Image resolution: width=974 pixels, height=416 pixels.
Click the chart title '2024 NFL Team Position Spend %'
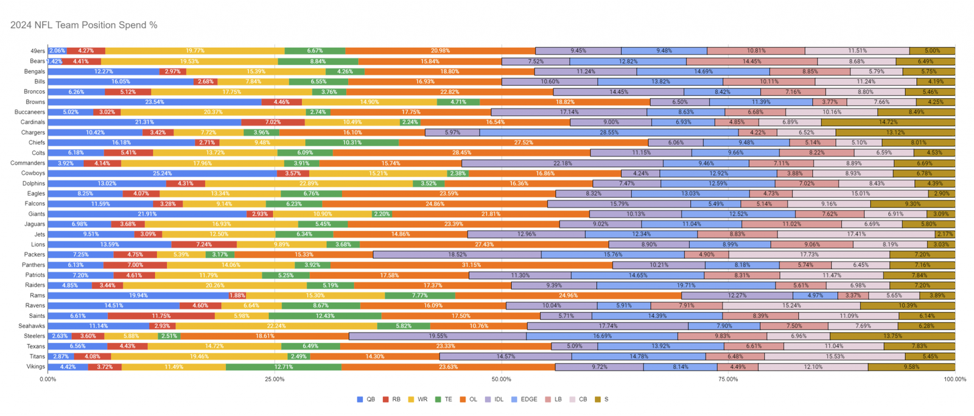coord(84,25)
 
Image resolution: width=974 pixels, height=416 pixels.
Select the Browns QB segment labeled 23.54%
coord(155,102)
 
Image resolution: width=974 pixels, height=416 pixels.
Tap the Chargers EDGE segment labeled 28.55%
coord(609,132)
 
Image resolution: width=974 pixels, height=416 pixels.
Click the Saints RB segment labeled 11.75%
coord(161,316)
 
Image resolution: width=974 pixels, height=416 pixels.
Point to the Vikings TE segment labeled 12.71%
coord(284,367)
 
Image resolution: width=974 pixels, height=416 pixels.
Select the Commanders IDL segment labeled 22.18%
coord(562,163)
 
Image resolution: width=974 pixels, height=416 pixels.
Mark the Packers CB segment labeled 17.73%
coord(809,255)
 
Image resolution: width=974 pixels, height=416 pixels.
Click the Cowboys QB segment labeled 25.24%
coord(162,173)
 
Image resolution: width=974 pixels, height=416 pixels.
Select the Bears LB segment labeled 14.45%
coord(752,61)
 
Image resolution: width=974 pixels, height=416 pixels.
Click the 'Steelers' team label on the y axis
coord(34,336)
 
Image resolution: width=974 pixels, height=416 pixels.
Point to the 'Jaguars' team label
coord(35,224)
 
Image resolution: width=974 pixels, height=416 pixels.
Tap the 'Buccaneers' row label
coord(29,112)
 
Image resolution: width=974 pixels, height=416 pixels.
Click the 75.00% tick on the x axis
coord(728,379)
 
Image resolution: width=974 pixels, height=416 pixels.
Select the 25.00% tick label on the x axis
coord(275,379)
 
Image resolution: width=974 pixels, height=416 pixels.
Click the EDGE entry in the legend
coord(525,400)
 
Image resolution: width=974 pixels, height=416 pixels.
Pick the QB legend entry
coord(366,400)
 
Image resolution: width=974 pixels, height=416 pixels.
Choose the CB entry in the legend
coord(578,400)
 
